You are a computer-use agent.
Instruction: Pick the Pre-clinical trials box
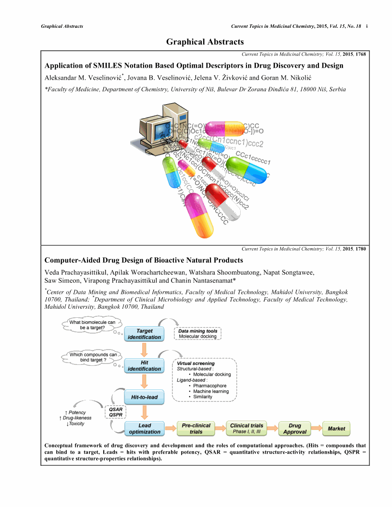coord(196,429)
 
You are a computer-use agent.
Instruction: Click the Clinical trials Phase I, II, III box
coord(246,429)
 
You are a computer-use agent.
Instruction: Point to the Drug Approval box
coord(294,429)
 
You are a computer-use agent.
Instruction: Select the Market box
coord(336,429)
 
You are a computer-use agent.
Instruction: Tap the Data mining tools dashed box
coord(197,334)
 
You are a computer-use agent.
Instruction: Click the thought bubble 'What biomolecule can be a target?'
coord(89,325)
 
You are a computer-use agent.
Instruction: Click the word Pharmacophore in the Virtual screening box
coord(209,386)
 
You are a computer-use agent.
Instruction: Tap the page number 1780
coord(360,249)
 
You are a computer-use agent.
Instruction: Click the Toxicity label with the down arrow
coord(75,424)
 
